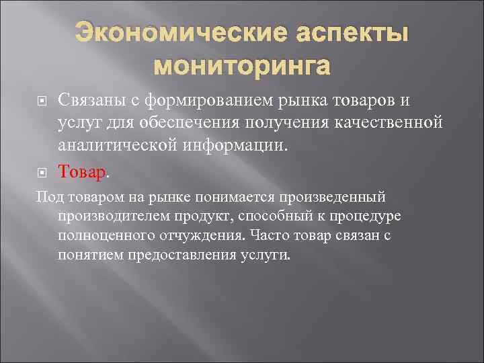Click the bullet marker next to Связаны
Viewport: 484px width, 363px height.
coord(42,102)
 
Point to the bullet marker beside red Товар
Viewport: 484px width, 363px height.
coord(42,173)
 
